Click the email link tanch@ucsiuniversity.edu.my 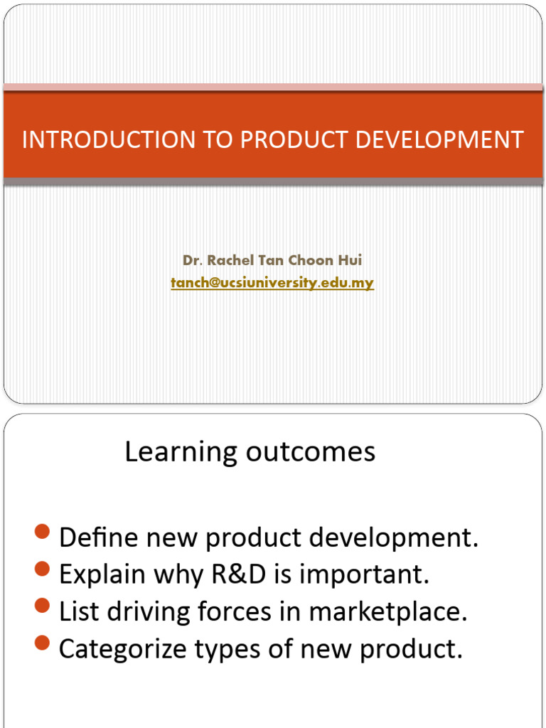pos(272,283)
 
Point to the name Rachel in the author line pos(229,260)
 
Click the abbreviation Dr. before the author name pos(192,260)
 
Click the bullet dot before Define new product pos(42,532)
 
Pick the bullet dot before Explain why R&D pos(42,569)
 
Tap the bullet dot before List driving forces pos(42,606)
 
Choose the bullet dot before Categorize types pos(42,643)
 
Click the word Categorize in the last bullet pos(122,649)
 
